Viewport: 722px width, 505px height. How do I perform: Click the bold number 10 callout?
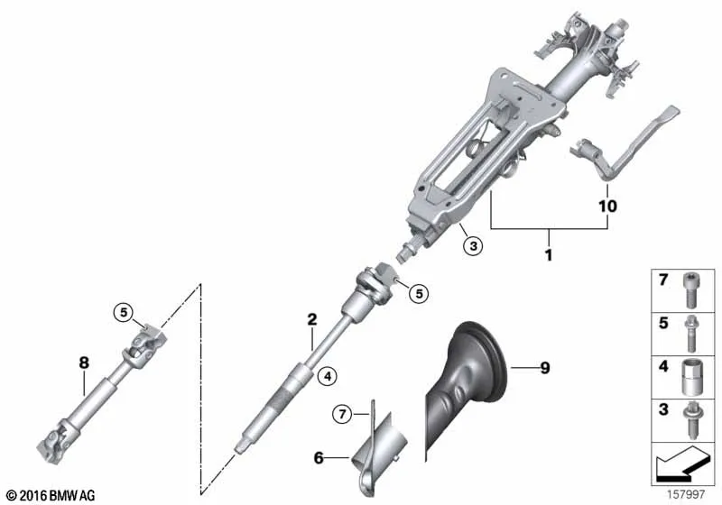pyautogui.click(x=607, y=206)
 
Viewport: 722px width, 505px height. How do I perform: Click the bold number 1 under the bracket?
pyautogui.click(x=549, y=254)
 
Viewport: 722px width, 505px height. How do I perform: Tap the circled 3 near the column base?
pyautogui.click(x=473, y=245)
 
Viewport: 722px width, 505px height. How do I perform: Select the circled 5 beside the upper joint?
pyautogui.click(x=419, y=293)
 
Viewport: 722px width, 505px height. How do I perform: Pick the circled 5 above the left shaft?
pyautogui.click(x=124, y=312)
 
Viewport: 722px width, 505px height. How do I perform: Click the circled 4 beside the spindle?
pyautogui.click(x=327, y=376)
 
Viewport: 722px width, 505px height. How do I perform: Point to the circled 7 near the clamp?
pyautogui.click(x=342, y=415)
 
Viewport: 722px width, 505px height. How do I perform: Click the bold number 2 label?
pyautogui.click(x=312, y=319)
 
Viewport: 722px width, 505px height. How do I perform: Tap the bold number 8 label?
pyautogui.click(x=84, y=363)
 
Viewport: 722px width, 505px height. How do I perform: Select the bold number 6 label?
pyautogui.click(x=319, y=457)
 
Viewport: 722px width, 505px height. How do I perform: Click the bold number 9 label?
pyautogui.click(x=545, y=368)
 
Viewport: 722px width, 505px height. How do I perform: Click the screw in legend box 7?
pyautogui.click(x=690, y=290)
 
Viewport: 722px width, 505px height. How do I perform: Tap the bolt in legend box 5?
pyautogui.click(x=690, y=333)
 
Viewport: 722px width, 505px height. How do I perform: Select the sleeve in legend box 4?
pyautogui.click(x=690, y=377)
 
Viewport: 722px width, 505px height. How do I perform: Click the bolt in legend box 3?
pyautogui.click(x=690, y=420)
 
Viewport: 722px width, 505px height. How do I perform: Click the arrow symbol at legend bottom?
pyautogui.click(x=680, y=463)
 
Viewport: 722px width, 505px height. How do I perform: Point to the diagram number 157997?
pyautogui.click(x=686, y=494)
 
